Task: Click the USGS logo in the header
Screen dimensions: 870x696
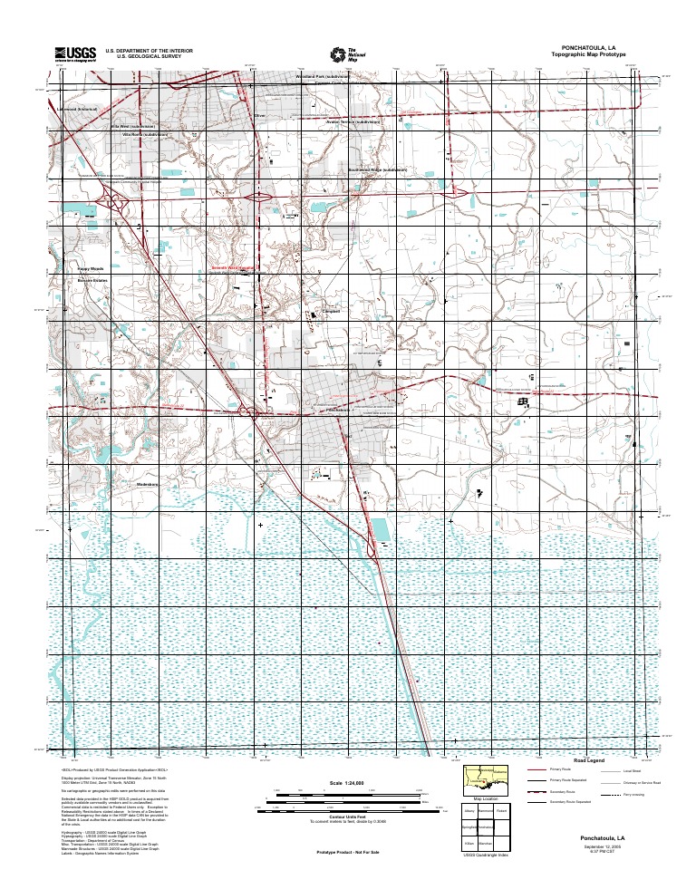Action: tap(74, 53)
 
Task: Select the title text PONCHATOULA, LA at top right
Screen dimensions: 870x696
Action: tap(588, 47)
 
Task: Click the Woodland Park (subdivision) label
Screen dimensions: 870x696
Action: tap(323, 77)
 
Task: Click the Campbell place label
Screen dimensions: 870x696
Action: tap(331, 311)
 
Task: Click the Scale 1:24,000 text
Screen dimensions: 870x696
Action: tap(346, 781)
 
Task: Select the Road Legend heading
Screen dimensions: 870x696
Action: tap(589, 760)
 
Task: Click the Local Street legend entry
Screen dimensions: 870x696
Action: tap(632, 770)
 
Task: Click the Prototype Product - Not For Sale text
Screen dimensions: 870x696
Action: tap(346, 853)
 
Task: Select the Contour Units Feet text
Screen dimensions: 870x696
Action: tap(346, 817)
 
